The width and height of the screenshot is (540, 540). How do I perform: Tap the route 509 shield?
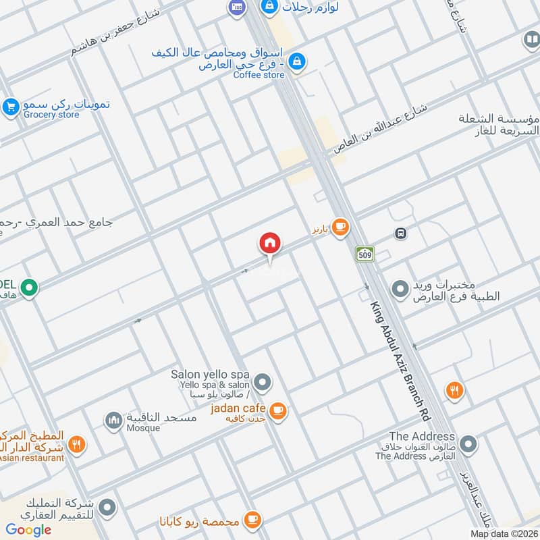pos(365,254)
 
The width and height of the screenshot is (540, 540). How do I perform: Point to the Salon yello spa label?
pos(210,375)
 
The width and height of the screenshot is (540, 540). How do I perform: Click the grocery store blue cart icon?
pos(10,106)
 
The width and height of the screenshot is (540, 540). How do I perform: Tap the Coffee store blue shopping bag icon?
pos(296,62)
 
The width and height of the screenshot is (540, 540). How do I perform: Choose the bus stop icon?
pos(401,234)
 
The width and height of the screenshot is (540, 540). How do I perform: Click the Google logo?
pos(29,530)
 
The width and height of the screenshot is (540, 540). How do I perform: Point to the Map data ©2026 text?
pos(504,533)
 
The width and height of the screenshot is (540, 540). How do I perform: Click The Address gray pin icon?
pos(468,444)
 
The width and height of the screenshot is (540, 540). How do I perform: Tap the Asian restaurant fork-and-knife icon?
pos(78,444)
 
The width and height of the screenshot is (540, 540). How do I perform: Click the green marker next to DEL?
pos(28,288)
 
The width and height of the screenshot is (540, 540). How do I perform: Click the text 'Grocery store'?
pos(51,115)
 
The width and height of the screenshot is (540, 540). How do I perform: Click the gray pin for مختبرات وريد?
pos(401,289)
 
